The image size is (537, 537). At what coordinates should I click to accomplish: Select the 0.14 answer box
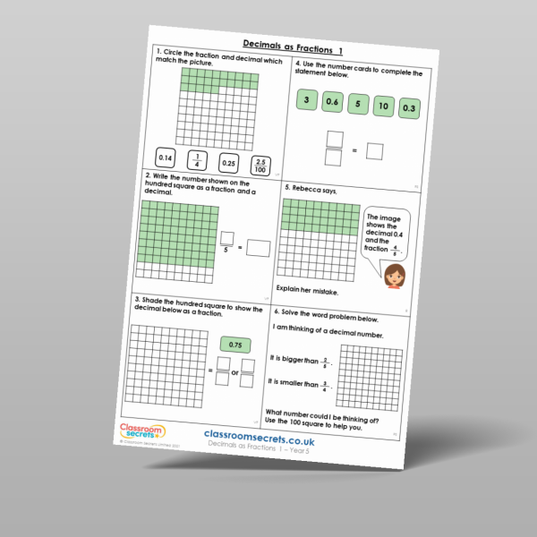point(166,159)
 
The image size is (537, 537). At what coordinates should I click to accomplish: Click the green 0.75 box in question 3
point(232,345)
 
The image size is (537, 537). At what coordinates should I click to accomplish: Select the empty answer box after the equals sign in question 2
point(258,248)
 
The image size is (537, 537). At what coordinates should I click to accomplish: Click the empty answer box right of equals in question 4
point(374,152)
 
